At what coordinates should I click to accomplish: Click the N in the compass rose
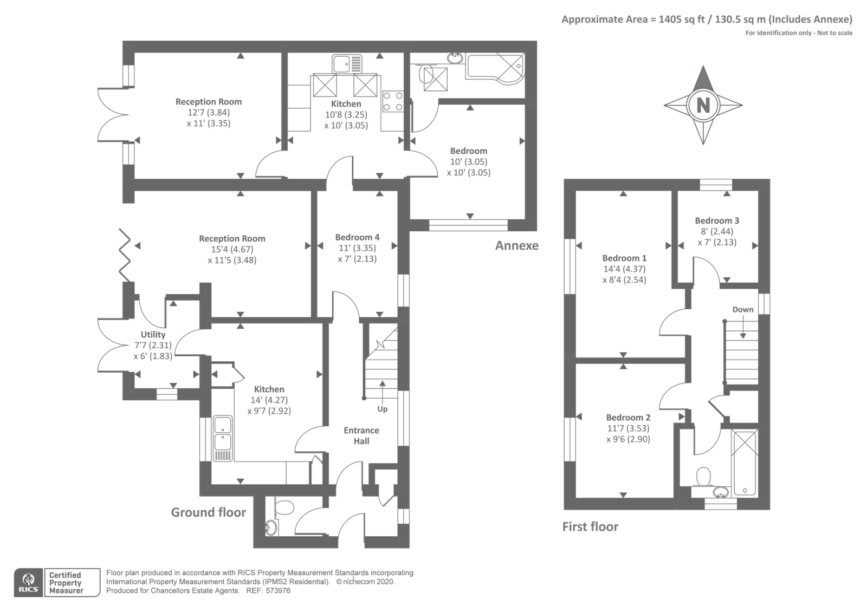[703, 105]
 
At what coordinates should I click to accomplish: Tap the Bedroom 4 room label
[357, 237]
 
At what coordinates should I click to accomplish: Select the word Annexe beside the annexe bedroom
[517, 246]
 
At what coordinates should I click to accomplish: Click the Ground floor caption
[209, 512]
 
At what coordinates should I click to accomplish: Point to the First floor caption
[590, 526]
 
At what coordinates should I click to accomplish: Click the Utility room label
[153, 334]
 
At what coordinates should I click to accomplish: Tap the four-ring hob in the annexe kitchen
[393, 101]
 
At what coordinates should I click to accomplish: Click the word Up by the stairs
[383, 409]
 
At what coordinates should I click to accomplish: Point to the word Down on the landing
[743, 309]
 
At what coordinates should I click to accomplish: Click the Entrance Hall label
[361, 435]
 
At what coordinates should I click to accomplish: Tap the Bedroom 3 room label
[717, 220]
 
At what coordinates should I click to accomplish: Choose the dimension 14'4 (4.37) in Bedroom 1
[624, 269]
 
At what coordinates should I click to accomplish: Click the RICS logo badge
[29, 582]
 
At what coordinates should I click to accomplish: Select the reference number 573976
[278, 591]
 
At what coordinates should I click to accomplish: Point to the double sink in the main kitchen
[223, 438]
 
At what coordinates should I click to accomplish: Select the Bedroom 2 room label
[628, 418]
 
